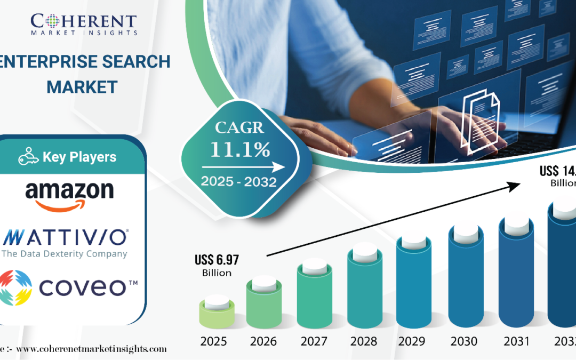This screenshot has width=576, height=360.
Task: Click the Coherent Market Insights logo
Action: [x=84, y=25]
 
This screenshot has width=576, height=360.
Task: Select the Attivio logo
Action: [x=65, y=243]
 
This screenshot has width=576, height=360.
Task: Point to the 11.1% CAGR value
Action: [x=239, y=150]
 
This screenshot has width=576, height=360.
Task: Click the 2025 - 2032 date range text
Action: [x=238, y=182]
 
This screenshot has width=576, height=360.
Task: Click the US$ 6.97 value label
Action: [x=217, y=260]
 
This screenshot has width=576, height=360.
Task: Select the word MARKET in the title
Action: [x=82, y=87]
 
